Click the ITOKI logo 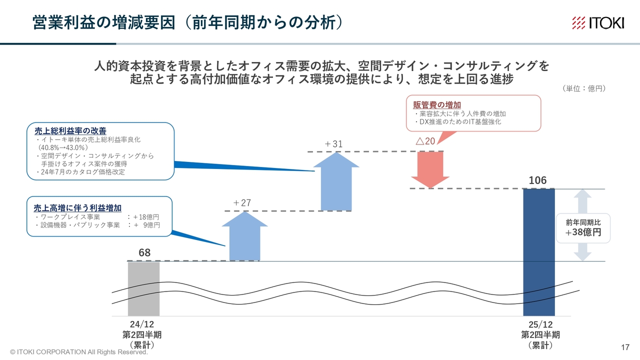598,23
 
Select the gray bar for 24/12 143,289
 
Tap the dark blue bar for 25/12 539,252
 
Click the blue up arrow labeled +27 245,236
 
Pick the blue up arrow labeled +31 336,181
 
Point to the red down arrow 430,169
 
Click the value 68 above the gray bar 144,252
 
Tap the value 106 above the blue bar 537,180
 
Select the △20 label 425,141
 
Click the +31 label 333,143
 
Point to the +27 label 242,203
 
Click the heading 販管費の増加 437,105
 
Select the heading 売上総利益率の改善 70,131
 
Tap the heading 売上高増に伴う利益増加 77,208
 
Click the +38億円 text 583,232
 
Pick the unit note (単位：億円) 584,88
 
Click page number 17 625,347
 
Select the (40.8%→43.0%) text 63,147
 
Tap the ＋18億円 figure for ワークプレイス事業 146,217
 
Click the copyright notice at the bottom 79,352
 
